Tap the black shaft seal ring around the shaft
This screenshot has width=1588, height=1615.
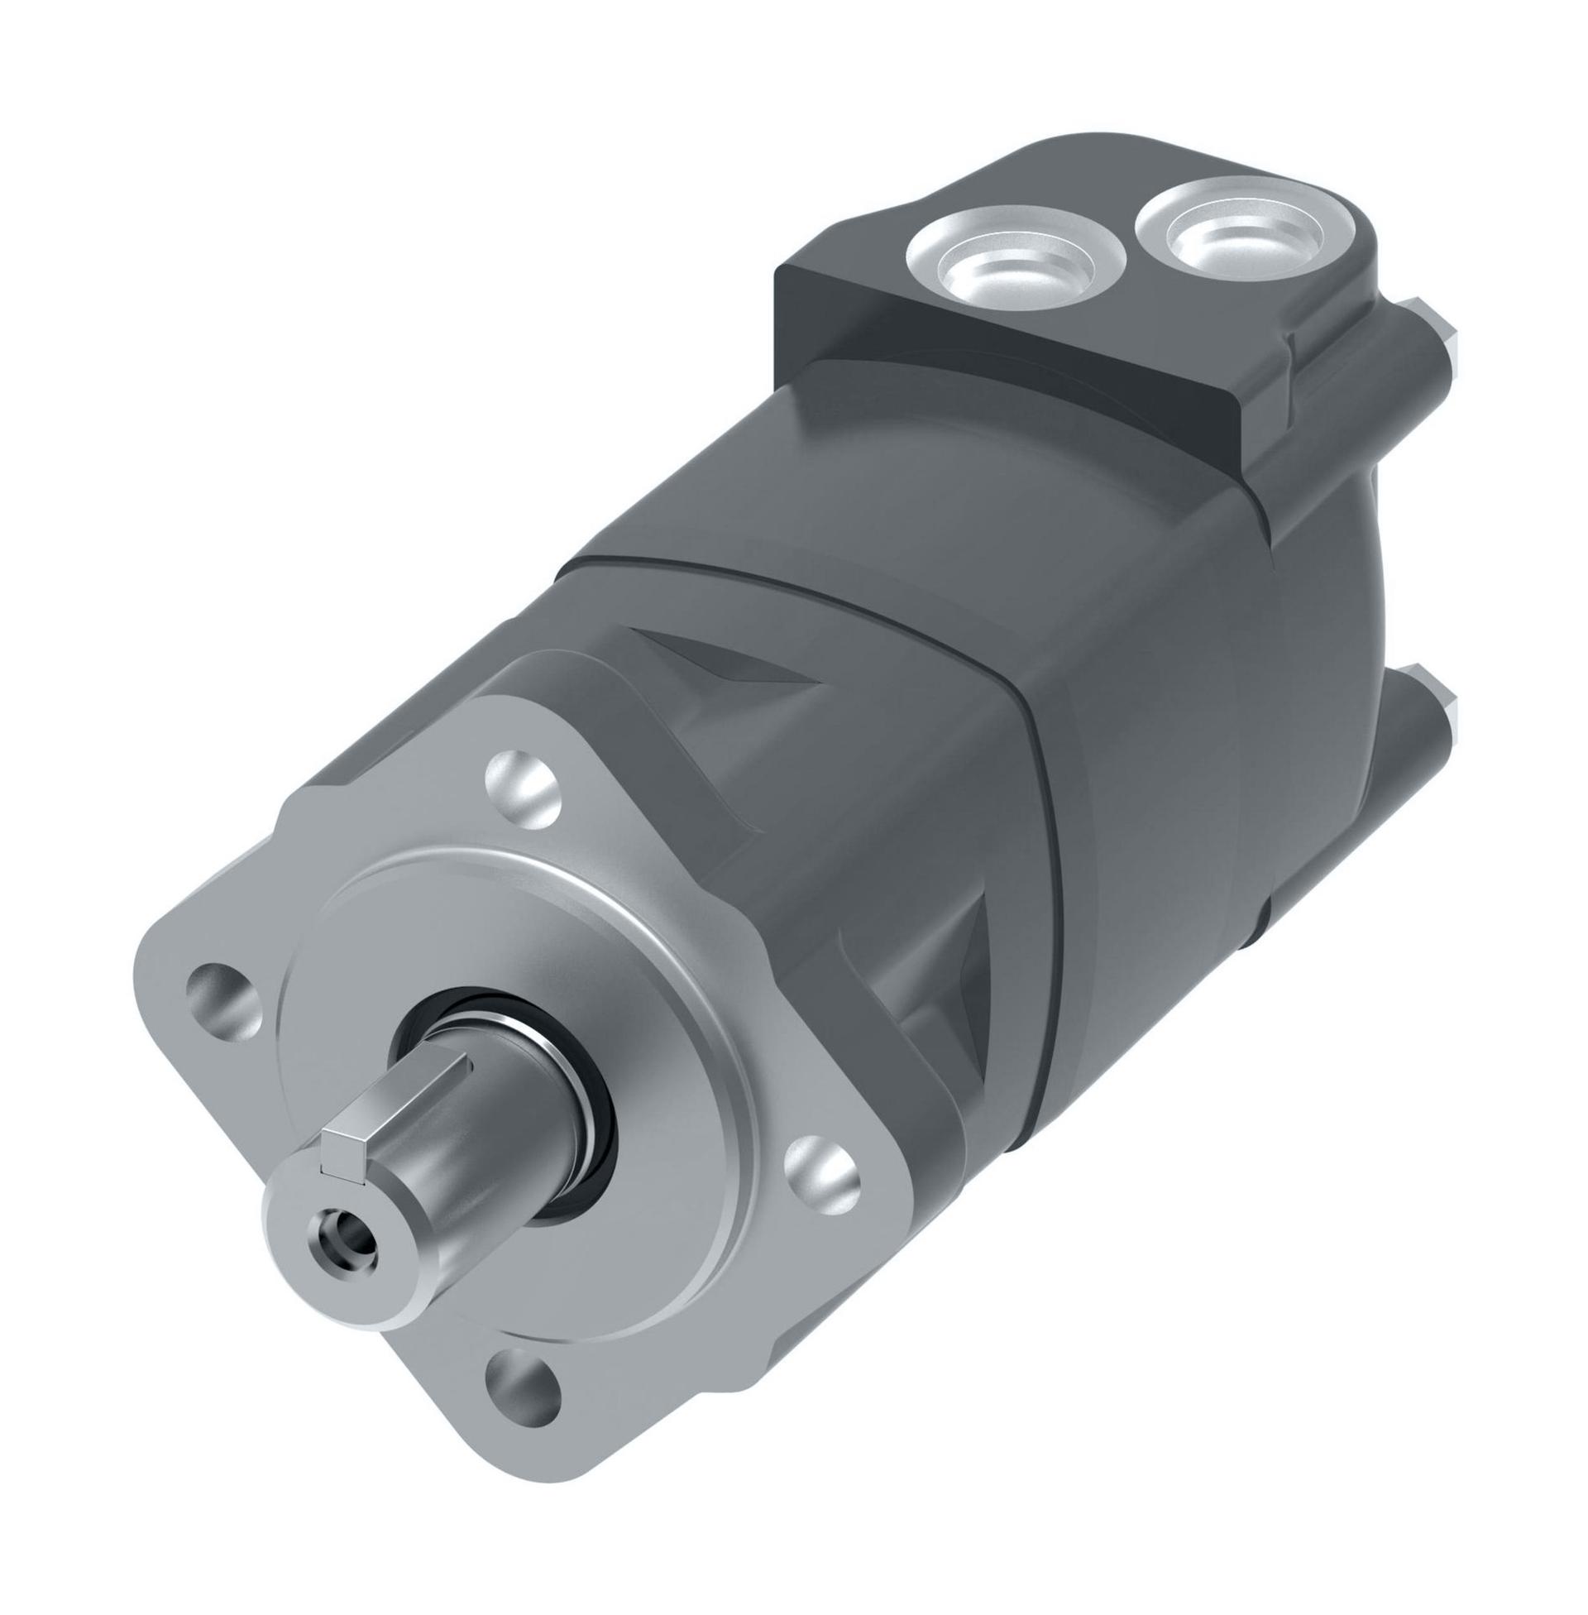pos(584,1168)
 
